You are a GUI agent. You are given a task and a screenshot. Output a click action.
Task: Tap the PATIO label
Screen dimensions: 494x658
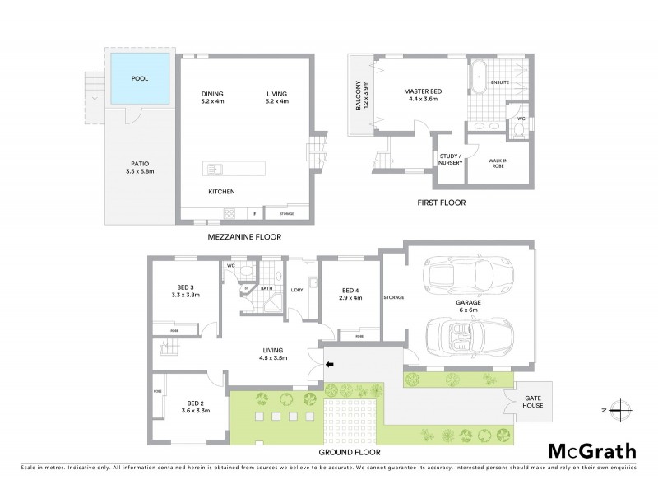[x=138, y=164]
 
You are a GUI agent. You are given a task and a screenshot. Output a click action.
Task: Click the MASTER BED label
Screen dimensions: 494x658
[x=423, y=91]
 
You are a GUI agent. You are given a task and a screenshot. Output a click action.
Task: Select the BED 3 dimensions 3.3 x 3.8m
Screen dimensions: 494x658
[x=184, y=294]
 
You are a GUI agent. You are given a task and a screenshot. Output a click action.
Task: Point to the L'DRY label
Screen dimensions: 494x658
[x=298, y=290]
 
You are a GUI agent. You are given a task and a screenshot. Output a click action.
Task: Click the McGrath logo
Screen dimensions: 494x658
[x=591, y=450]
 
